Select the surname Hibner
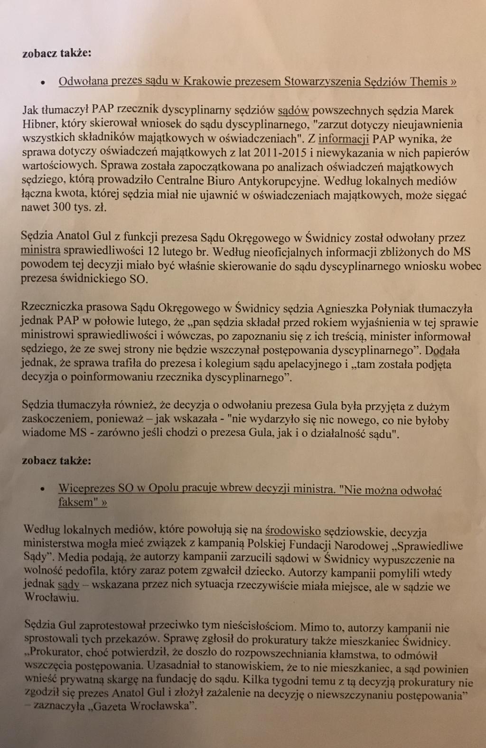40,124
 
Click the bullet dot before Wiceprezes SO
43,489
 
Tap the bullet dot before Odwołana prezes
43,82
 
